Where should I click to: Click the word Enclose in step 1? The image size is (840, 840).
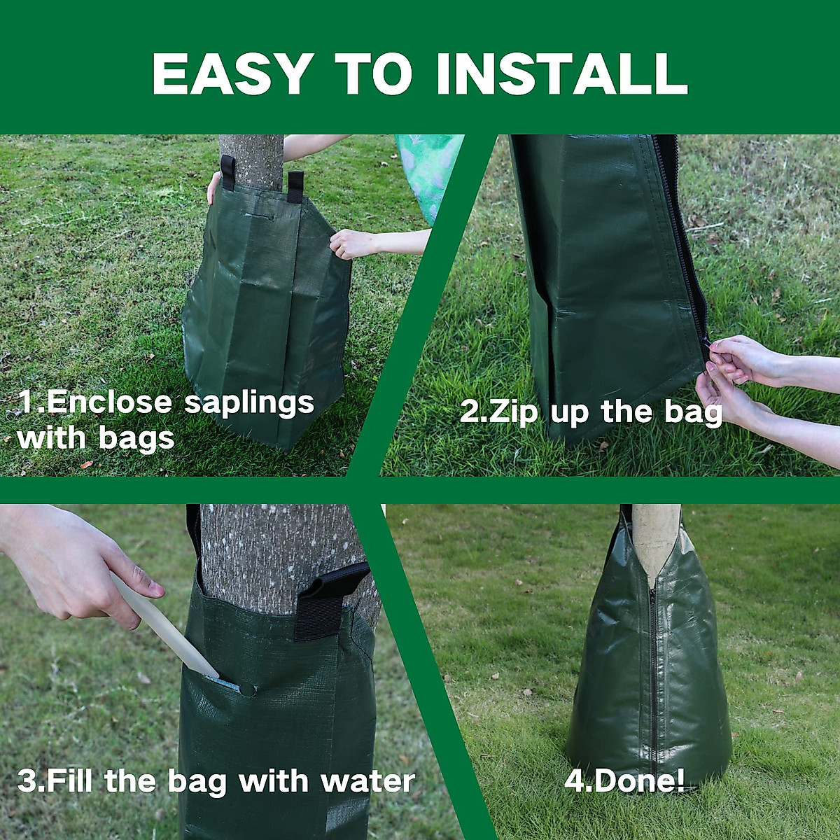[108, 402]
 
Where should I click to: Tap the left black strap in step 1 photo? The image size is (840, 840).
[227, 172]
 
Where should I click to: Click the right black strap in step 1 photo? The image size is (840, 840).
[295, 186]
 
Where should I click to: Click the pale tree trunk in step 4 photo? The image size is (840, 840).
[655, 539]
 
